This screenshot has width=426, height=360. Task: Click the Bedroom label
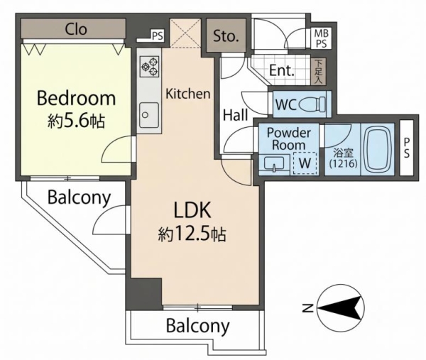pyautogui.click(x=76, y=99)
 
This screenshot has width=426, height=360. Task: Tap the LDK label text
pyautogui.click(x=192, y=210)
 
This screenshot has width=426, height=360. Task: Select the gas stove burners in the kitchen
pyautogui.click(x=149, y=66)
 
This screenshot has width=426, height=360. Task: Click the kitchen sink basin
pyautogui.click(x=149, y=115)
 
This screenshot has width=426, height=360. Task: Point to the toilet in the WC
pyautogui.click(x=312, y=104)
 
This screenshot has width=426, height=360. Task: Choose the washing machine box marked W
pyautogui.click(x=305, y=163)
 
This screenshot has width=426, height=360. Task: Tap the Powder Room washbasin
pyautogui.click(x=274, y=163)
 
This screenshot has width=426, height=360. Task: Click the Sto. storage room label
pyautogui.click(x=226, y=36)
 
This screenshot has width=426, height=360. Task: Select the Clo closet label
pyautogui.click(x=76, y=29)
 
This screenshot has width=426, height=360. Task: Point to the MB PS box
pyautogui.click(x=321, y=38)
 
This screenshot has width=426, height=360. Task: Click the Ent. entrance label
pyautogui.click(x=282, y=70)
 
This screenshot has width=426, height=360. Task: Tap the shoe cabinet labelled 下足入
pyautogui.click(x=318, y=72)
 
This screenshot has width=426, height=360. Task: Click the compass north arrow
pyautogui.click(x=341, y=308)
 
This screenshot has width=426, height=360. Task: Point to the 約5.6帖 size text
pyautogui.click(x=77, y=121)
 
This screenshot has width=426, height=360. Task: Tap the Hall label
pyautogui.click(x=235, y=115)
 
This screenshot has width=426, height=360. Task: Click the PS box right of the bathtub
pyautogui.click(x=406, y=148)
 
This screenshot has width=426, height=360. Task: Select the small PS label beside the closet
pyautogui.click(x=158, y=36)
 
